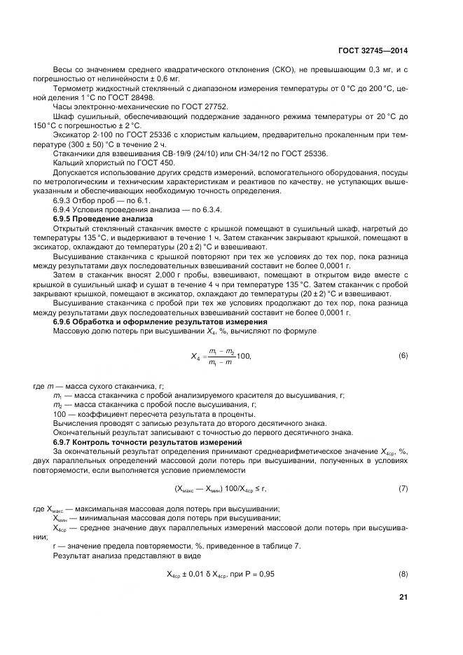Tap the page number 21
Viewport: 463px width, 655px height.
[x=403, y=597]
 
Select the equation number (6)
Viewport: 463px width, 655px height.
[x=403, y=355]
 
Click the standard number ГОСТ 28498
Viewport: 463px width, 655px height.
[x=151, y=97]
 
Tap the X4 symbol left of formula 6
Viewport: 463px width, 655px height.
[x=197, y=357]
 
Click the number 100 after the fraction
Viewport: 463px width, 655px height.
[x=243, y=357]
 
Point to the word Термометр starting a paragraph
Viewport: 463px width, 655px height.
[x=74, y=88]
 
